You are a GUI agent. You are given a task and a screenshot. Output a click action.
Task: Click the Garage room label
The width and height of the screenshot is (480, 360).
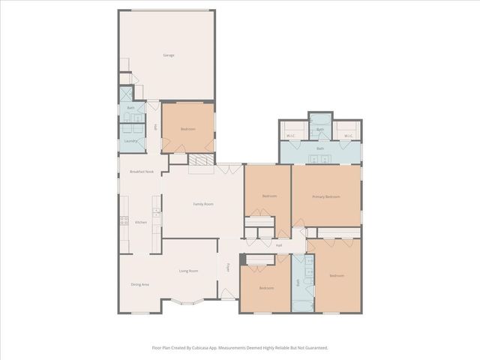[x=169, y=55]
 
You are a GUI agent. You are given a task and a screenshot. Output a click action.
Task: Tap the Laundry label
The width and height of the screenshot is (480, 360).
[x=130, y=140]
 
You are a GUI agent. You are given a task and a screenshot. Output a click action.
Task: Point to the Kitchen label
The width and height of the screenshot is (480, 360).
[x=140, y=223]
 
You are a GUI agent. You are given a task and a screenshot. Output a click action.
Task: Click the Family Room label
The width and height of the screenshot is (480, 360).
[x=203, y=204]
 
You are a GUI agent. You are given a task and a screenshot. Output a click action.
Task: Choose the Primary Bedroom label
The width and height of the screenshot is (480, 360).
[x=326, y=196]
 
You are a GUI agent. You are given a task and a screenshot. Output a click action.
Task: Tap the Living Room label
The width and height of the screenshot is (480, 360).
[x=188, y=271]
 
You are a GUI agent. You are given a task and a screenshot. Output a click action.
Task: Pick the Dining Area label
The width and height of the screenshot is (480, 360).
[x=139, y=284]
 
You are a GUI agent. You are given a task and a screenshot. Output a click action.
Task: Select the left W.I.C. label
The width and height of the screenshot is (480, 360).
[x=291, y=136]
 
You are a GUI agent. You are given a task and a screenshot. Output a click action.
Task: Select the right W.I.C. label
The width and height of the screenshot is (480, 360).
[x=349, y=136]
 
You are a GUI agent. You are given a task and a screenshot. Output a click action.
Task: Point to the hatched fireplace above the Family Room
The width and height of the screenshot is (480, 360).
[x=201, y=160]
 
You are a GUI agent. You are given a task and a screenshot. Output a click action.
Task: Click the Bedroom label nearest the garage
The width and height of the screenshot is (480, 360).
[x=187, y=129]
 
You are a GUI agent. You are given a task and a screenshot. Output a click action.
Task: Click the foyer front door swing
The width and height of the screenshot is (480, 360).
[x=227, y=295]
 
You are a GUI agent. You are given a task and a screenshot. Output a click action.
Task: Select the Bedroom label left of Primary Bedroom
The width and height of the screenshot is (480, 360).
[x=269, y=196]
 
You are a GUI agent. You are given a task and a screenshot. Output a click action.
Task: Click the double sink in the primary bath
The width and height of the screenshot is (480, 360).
[x=320, y=159]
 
